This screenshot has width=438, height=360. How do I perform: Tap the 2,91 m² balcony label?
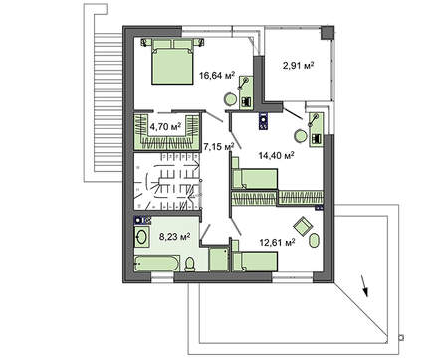(x=297, y=66)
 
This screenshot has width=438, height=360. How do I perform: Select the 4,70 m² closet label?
(x=164, y=127)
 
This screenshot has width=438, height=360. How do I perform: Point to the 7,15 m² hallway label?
(x=218, y=147)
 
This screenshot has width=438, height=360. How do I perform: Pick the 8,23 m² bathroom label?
(x=174, y=237)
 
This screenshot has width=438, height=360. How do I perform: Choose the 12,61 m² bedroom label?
(x=277, y=240)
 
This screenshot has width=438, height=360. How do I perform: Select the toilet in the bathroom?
(x=188, y=262)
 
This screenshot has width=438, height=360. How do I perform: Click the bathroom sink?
(x=139, y=238)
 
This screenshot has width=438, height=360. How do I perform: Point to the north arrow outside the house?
(x=367, y=287)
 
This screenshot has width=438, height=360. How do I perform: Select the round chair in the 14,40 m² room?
(x=298, y=135)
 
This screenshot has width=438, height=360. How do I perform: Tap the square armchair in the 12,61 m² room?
(x=311, y=239)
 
